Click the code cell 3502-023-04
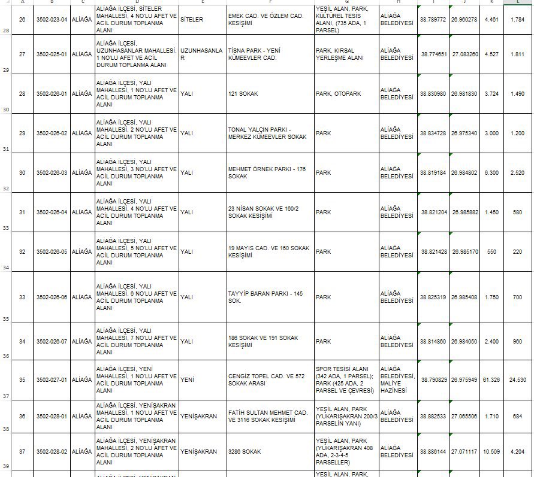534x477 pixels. click(x=51, y=20)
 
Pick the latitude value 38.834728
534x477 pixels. click(x=433, y=133)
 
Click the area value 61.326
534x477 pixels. click(x=491, y=379)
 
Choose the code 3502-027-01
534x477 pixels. click(x=51, y=379)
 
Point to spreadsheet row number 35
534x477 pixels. click(x=5, y=319)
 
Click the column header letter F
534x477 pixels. click(x=271, y=2)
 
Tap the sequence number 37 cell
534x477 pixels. click(x=22, y=451)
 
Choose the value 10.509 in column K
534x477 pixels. click(x=491, y=451)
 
